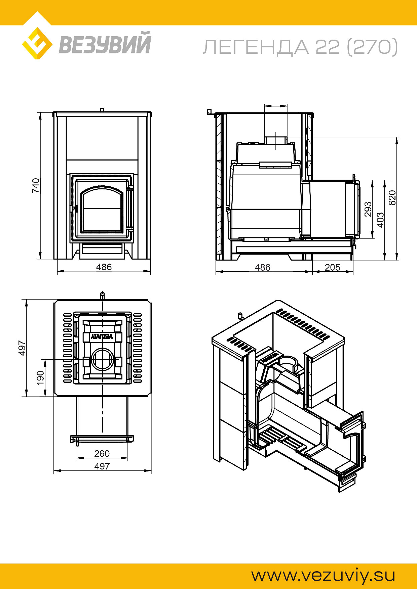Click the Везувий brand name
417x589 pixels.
pyautogui.click(x=105, y=43)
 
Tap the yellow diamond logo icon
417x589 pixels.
pyautogui.click(x=37, y=43)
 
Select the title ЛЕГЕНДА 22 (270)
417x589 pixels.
pyautogui.click(x=300, y=47)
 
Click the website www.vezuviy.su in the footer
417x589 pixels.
pyautogui.click(x=323, y=575)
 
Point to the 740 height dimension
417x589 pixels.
pyautogui.click(x=36, y=185)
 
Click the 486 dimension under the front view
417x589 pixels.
pyautogui.click(x=104, y=267)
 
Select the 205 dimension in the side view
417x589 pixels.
pyautogui.click(x=332, y=267)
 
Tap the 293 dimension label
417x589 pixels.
pyautogui.click(x=368, y=209)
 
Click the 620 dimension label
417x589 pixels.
pyautogui.click(x=392, y=198)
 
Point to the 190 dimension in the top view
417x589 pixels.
pyautogui.click(x=40, y=378)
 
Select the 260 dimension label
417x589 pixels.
pyautogui.click(x=102, y=454)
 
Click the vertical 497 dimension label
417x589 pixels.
pyautogui.click(x=22, y=348)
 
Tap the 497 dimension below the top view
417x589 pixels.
pyautogui.click(x=102, y=466)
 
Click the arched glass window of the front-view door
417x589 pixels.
pyautogui.click(x=102, y=209)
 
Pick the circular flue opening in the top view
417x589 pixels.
pyautogui.click(x=102, y=359)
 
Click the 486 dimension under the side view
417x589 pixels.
pyautogui.click(x=262, y=267)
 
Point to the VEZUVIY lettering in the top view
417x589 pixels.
pyautogui.click(x=102, y=336)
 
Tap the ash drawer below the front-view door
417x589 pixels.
pyautogui.click(x=102, y=249)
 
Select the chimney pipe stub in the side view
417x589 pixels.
pyautogui.click(x=276, y=141)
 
